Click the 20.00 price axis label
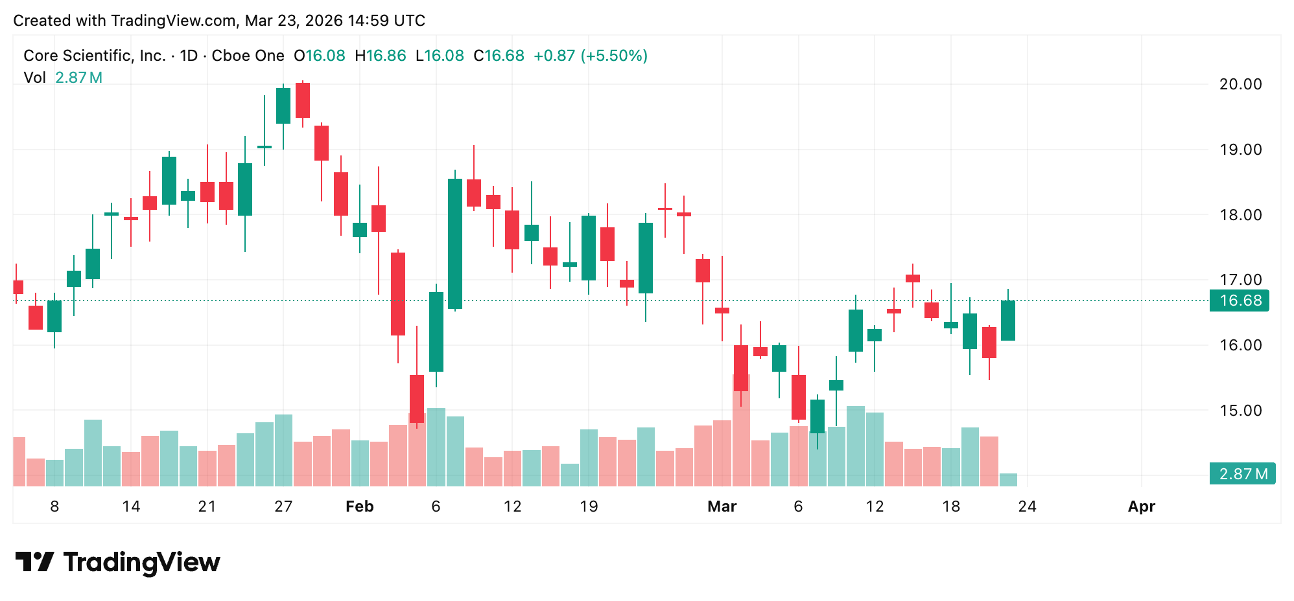coord(1240,84)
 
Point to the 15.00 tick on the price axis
coord(1240,411)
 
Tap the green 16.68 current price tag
coord(1240,300)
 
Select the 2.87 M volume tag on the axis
coord(1242,473)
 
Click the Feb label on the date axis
coord(359,506)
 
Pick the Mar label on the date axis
coord(722,506)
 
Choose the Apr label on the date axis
coord(1141,506)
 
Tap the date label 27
coord(283,506)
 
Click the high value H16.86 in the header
coord(381,56)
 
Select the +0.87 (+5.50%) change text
coord(590,56)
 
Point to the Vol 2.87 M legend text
coord(63,78)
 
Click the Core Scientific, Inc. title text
coord(95,56)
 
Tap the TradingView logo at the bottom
coord(117,562)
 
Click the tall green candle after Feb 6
coord(455,244)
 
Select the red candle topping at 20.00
coord(303,100)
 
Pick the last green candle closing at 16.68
coord(1008,321)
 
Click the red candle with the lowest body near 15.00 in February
coord(417,398)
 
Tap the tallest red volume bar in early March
coord(741,431)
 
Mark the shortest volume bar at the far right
coord(1008,480)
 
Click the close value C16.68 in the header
coord(499,56)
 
